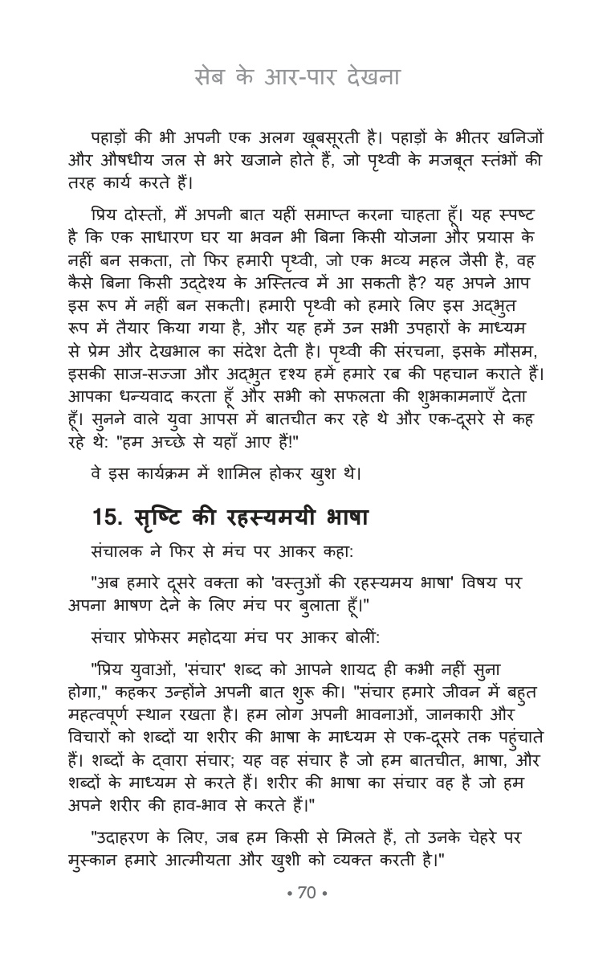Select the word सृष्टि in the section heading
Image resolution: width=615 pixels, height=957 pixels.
[x=165, y=518]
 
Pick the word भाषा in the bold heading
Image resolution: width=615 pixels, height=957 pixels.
[x=340, y=518]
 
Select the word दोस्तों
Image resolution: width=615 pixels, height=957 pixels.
[x=150, y=217]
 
